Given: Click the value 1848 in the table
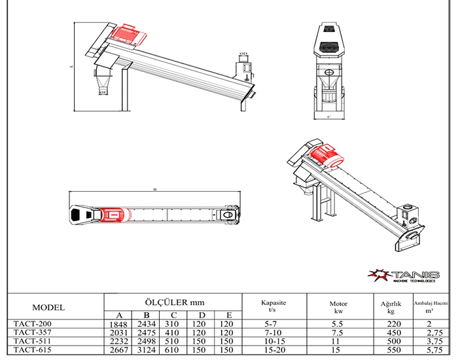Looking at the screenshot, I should click(x=119, y=323).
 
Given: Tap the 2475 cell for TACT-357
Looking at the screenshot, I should click(x=147, y=332).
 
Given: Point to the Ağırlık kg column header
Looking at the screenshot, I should click(x=395, y=307).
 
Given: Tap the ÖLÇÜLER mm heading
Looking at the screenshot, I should click(x=173, y=302).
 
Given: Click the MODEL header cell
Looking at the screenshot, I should click(x=48, y=307).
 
